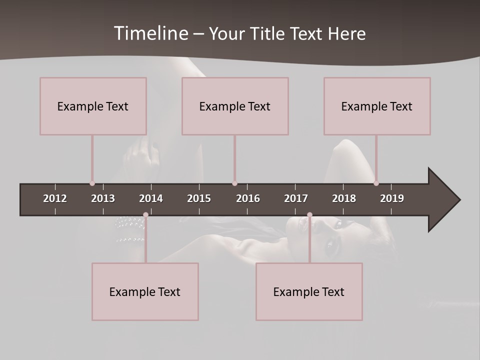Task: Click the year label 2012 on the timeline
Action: pyautogui.click(x=55, y=198)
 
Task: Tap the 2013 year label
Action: pyautogui.click(x=103, y=198)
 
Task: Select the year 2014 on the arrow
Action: pyautogui.click(x=151, y=198)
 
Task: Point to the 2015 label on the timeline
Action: pyautogui.click(x=199, y=198)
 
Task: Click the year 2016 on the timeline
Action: pyautogui.click(x=248, y=198)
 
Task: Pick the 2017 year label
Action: pyautogui.click(x=296, y=198)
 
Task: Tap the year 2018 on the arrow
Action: pyautogui.click(x=344, y=198)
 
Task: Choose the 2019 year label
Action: pyautogui.click(x=392, y=198)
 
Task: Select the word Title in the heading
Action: pyautogui.click(x=270, y=34)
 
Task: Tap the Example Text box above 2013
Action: pyautogui.click(x=93, y=106)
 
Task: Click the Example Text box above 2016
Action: pyautogui.click(x=235, y=106)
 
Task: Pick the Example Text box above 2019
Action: pyautogui.click(x=377, y=106)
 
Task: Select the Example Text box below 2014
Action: pyautogui.click(x=145, y=291)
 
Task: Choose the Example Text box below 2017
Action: pyautogui.click(x=309, y=291)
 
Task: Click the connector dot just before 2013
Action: pyautogui.click(x=92, y=183)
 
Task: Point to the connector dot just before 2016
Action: pyautogui.click(x=234, y=183)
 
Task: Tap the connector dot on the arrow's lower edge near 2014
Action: pyautogui.click(x=145, y=215)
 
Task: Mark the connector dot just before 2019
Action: pyautogui.click(x=376, y=183)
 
